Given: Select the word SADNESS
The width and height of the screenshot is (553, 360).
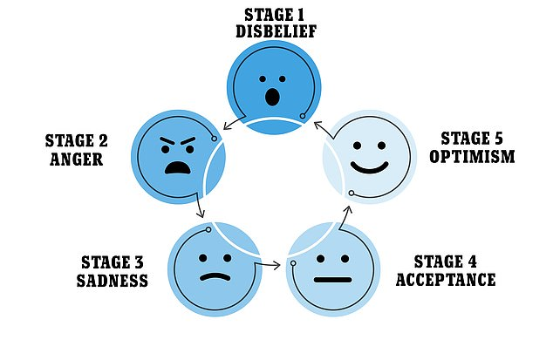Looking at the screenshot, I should point(111,280).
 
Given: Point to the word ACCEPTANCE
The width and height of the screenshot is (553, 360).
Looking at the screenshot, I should point(445,280).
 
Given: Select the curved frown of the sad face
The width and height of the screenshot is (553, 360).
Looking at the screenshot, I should point(211,278).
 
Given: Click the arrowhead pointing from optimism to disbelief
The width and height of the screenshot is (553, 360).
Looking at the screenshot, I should point(318,125).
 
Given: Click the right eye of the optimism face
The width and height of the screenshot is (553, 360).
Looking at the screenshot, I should point(381,141).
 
